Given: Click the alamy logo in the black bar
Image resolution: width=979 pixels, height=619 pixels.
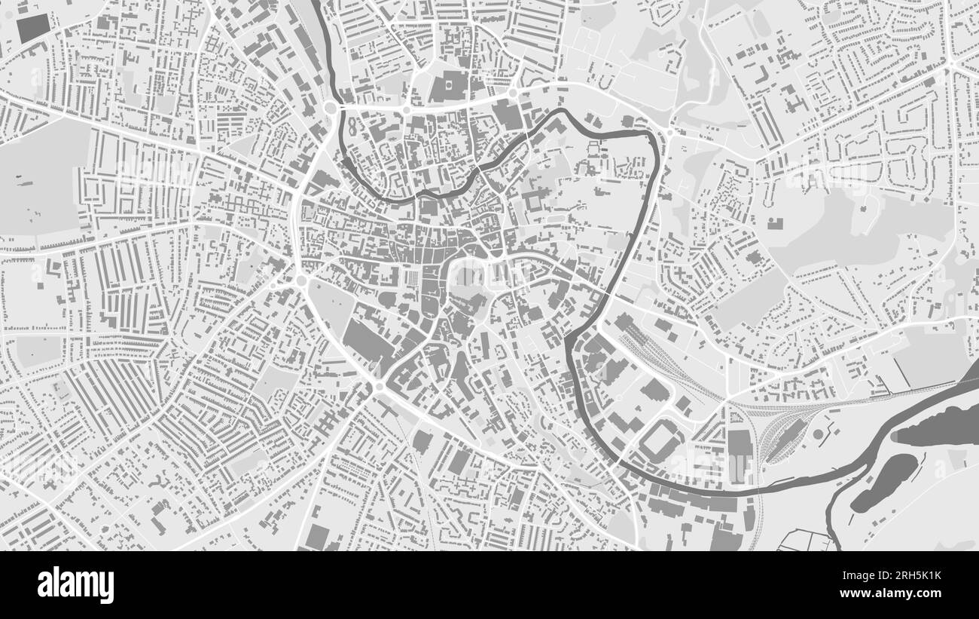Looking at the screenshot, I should click(75, 584).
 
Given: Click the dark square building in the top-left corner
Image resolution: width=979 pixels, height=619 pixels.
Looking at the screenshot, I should click(31, 28).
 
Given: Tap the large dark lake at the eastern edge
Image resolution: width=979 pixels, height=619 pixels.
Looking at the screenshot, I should click(938, 426).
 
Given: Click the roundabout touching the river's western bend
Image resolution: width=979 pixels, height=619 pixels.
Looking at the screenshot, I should click(330, 109).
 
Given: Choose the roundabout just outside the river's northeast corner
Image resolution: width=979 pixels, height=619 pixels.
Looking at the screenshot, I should click(669, 133).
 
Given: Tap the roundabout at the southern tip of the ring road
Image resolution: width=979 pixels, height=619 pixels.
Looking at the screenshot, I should click(379, 387).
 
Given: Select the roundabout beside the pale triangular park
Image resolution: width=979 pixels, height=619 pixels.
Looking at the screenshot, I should click(301, 280).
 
